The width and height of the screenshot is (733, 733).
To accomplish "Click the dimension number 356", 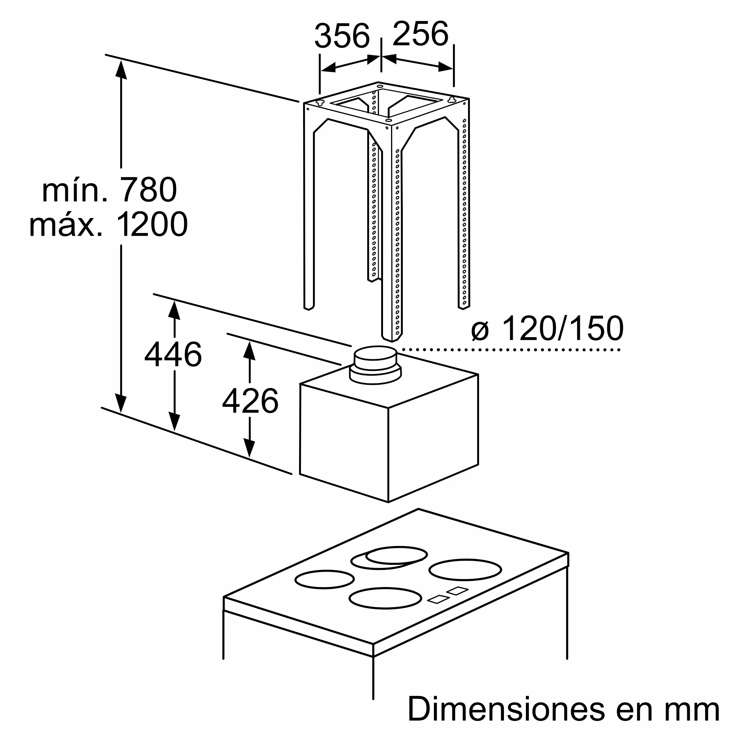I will coord(342,36).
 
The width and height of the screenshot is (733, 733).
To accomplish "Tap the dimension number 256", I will coord(420,34).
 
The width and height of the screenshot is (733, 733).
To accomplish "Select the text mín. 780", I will coord(109,190).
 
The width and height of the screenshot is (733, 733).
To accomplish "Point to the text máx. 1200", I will coord(108,225).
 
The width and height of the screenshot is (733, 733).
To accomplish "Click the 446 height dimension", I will coord(173,355).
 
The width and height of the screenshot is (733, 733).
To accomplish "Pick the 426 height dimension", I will coord(250,401).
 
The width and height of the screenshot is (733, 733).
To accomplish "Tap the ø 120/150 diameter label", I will coord(547,328).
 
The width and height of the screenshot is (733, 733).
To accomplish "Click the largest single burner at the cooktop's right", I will coord(465,570).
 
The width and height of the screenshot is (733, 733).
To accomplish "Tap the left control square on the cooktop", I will coord(439,599).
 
